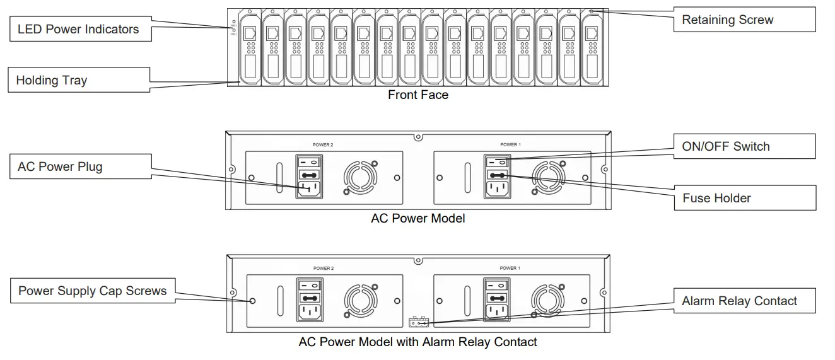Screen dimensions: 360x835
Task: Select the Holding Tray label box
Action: coord(79,80)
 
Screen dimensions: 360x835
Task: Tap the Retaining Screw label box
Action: coord(744,20)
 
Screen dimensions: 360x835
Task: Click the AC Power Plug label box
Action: coord(80,167)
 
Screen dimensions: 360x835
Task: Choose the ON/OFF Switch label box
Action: coord(744,146)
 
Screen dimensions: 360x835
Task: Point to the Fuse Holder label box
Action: coord(744,198)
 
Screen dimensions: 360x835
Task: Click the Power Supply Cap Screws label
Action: coord(93,291)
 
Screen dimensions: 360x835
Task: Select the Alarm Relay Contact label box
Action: coord(744,301)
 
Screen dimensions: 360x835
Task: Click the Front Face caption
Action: coord(418,95)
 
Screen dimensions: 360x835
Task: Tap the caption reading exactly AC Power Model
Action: coord(418,219)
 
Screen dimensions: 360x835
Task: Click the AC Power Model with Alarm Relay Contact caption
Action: coord(418,342)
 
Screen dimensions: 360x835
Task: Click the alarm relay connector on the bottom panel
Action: coord(417,322)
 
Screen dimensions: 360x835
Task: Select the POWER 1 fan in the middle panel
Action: coord(547,177)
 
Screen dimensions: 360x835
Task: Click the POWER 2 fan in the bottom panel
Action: coord(360,300)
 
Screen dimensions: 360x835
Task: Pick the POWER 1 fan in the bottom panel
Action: coord(547,300)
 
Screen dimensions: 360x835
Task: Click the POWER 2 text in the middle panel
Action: coord(323,145)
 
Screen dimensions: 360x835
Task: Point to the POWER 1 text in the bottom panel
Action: coord(510,268)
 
